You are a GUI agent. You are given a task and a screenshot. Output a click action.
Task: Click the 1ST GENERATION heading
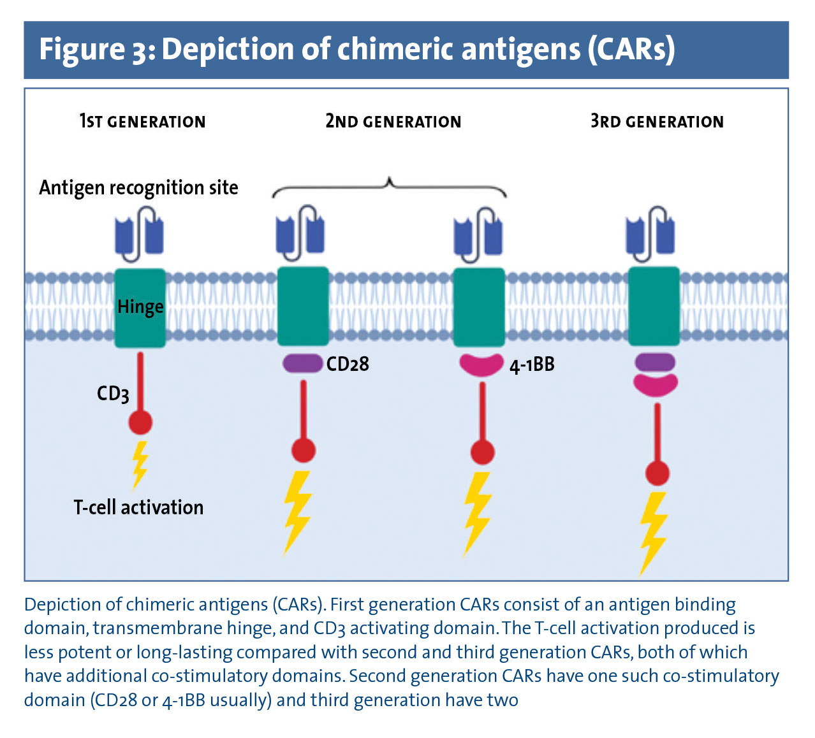142,121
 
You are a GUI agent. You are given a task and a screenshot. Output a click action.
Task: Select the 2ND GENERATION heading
393,121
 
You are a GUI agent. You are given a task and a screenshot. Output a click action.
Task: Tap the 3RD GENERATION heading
657,121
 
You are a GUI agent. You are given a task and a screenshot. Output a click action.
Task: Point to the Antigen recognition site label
138,188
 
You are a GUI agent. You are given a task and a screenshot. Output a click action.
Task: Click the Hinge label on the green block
140,307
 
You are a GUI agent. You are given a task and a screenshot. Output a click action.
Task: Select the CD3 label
113,394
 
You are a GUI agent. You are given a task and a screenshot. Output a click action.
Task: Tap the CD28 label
348,364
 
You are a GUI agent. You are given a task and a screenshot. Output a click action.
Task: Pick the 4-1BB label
532,365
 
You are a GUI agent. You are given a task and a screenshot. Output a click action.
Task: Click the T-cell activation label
138,507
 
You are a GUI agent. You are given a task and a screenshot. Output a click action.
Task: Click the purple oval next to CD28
302,364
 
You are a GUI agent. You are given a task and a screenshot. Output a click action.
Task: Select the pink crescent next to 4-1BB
481,365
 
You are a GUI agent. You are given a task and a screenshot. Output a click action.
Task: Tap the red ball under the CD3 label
140,422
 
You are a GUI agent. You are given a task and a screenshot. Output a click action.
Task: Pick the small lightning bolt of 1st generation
140,464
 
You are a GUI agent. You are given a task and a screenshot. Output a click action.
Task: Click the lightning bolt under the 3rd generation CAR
654,532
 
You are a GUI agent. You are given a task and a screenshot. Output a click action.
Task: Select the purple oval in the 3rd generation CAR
655,363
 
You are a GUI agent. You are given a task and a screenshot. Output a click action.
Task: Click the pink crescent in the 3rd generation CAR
655,384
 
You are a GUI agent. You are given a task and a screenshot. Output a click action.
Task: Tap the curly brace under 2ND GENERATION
389,186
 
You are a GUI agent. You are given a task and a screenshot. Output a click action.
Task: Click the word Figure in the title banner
82,49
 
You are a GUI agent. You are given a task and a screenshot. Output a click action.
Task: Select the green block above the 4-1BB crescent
479,307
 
